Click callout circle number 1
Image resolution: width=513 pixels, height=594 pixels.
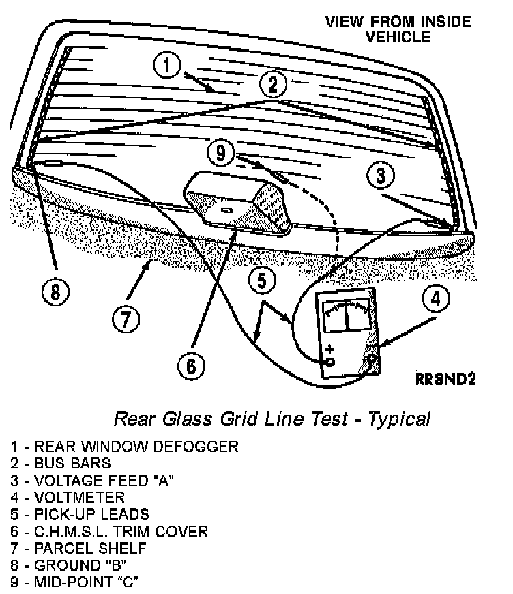168,66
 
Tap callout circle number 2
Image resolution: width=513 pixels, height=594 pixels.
272,85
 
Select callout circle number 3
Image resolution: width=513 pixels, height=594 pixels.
381,175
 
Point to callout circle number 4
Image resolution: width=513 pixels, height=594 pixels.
435,298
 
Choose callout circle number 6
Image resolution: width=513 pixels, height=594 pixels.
191,366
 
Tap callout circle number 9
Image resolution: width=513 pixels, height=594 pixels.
220,153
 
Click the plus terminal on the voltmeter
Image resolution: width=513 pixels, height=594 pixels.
330,360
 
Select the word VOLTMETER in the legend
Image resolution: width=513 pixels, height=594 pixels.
80,497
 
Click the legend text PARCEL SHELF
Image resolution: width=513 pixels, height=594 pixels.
90,548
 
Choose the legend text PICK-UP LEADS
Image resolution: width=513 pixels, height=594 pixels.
91,514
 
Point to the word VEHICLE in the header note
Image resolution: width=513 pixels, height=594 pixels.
398,37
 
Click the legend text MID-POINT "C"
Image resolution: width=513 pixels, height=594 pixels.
88,582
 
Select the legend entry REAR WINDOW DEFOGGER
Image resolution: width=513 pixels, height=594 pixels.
136,447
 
